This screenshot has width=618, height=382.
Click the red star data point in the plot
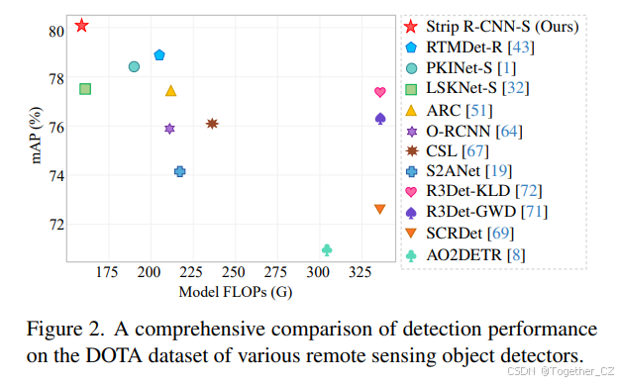tap(82, 25)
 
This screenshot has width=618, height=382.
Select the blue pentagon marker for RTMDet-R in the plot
tap(159, 54)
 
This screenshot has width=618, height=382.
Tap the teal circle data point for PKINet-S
tap(134, 66)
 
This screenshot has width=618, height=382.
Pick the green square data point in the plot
tap(85, 89)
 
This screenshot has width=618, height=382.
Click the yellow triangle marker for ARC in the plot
tap(170, 91)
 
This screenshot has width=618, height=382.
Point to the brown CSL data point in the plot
tap(212, 124)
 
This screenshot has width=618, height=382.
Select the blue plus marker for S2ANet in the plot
tap(179, 171)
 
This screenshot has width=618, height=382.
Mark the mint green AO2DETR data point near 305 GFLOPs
tap(327, 249)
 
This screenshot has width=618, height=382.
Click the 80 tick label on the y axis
tap(55, 31)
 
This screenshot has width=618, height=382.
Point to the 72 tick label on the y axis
tap(55, 224)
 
